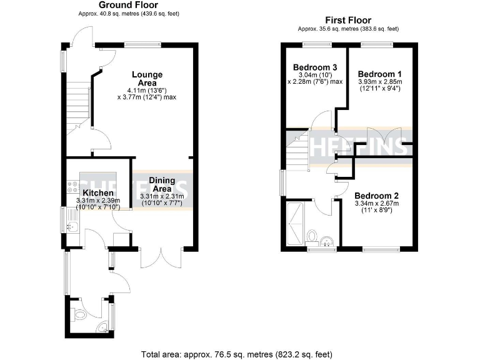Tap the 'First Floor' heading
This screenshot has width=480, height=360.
(x=347, y=20)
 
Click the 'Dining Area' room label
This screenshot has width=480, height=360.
(x=161, y=184)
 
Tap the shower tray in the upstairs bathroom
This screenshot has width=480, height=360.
(x=293, y=223)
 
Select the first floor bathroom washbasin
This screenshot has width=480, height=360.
(x=327, y=241)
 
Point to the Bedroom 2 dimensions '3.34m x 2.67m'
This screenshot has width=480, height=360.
(x=377, y=203)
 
